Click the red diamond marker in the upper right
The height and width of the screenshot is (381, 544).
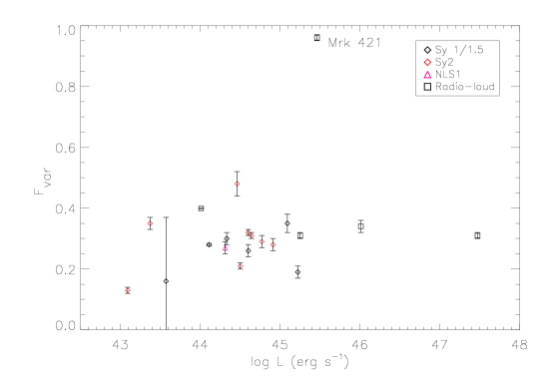click(427, 62)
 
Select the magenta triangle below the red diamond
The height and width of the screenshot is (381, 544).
click(427, 75)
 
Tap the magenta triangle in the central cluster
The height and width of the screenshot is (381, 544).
click(225, 248)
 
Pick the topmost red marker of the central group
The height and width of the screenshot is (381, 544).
click(237, 184)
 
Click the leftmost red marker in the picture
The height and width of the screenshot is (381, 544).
click(128, 290)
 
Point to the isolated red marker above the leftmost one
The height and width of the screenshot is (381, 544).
click(150, 223)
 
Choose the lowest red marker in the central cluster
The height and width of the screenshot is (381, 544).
click(241, 265)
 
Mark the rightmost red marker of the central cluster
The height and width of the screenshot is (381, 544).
click(272, 244)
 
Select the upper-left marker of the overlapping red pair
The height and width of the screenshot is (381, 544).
click(248, 232)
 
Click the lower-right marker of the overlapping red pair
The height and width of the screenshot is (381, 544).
click(252, 236)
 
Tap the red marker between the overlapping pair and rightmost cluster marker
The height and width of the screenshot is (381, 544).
click(262, 241)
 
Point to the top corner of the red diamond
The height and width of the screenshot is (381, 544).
click(427, 57)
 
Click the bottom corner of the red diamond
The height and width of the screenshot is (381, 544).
click(427, 67)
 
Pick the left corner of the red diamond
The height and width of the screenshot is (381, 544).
click(422, 62)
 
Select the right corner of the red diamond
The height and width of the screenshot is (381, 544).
click(432, 62)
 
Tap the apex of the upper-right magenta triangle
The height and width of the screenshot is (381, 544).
click(427, 71)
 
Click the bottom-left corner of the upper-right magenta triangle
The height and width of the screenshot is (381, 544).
click(423, 78)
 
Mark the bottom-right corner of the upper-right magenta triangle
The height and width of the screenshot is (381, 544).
click(432, 78)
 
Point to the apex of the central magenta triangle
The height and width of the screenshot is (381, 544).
click(225, 245)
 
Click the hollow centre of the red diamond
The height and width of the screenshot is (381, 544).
click(427, 62)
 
